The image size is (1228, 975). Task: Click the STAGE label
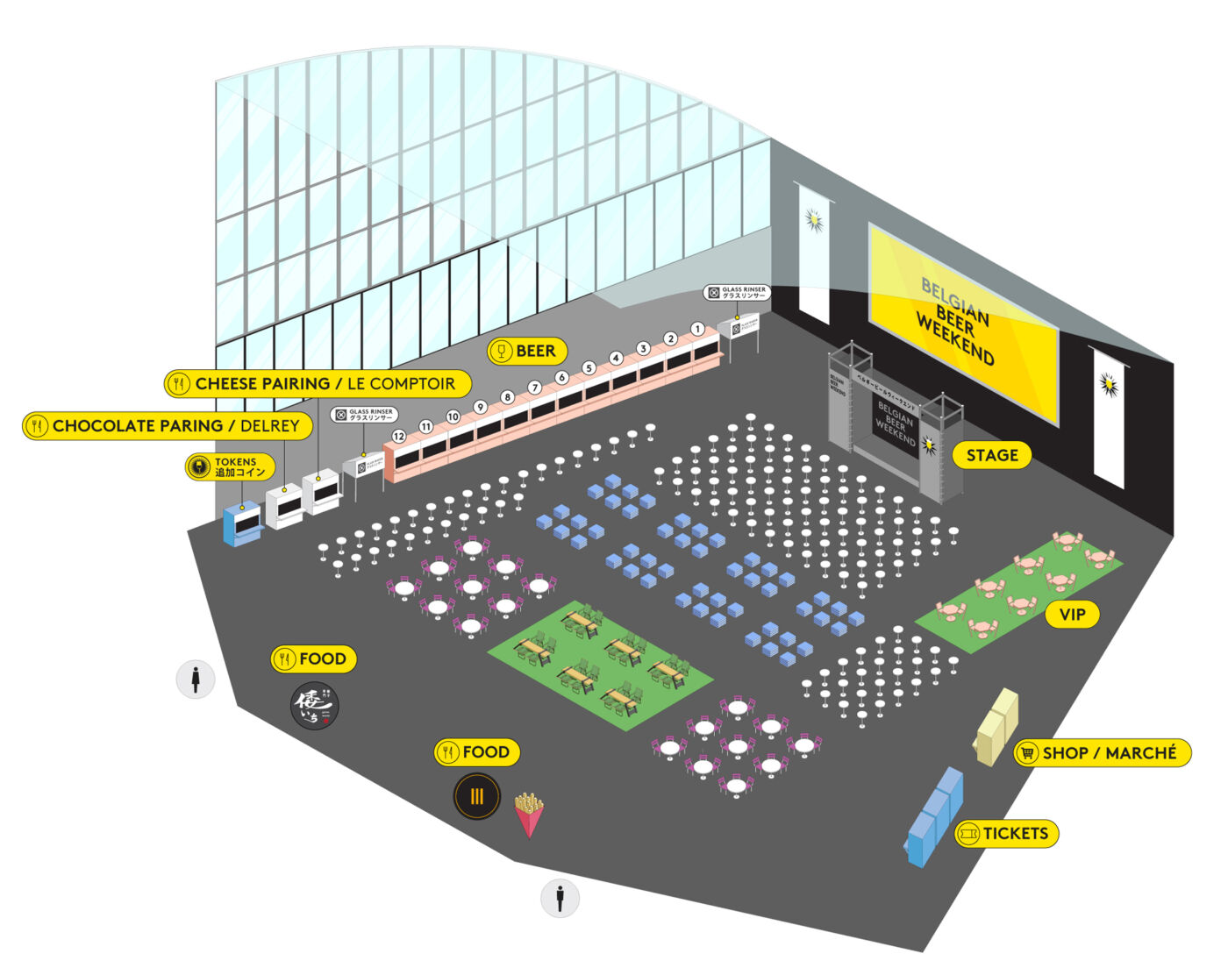[x=991, y=455]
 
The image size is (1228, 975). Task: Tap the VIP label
[x=1072, y=615]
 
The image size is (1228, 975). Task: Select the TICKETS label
[x=1006, y=834]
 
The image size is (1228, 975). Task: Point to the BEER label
[x=527, y=352]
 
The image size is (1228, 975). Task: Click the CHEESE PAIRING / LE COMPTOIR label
[x=318, y=383]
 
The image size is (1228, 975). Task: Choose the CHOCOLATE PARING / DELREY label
[x=168, y=426]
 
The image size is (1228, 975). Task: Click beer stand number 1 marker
[x=697, y=330]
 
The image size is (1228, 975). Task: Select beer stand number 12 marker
[x=399, y=436]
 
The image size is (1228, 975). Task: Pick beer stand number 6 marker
[x=561, y=378]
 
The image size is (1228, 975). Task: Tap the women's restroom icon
[x=196, y=680]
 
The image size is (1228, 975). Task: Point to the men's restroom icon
[x=560, y=898]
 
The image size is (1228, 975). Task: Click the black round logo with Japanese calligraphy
[x=314, y=707]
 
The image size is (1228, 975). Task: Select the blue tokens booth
[x=243, y=523]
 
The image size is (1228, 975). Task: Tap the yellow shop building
[x=998, y=727]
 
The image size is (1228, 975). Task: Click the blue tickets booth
[x=935, y=816]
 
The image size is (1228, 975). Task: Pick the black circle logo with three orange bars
[x=477, y=796]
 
